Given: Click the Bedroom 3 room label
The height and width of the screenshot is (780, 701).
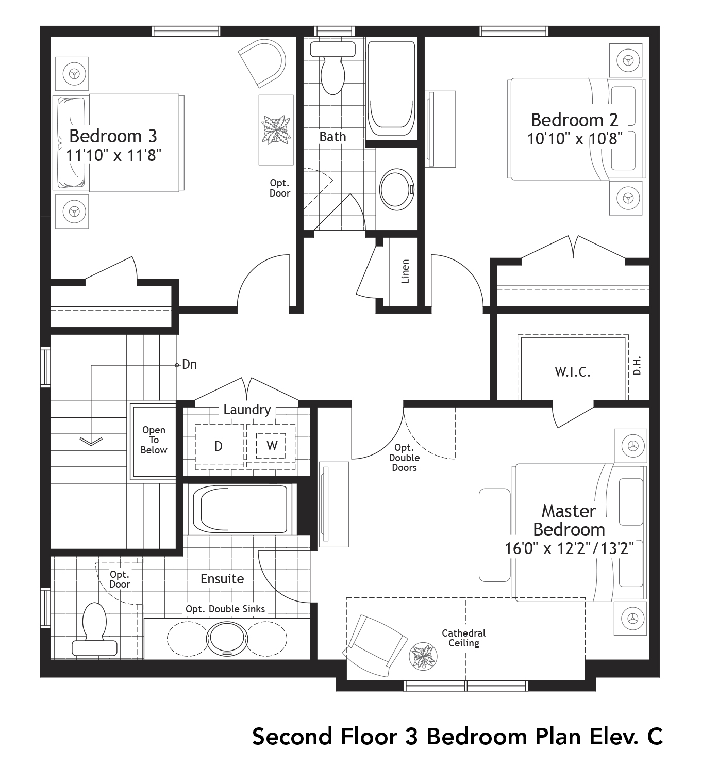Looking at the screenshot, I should pyautogui.click(x=113, y=136).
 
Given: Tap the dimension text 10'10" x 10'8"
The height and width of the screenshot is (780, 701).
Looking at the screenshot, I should pyautogui.click(x=574, y=139).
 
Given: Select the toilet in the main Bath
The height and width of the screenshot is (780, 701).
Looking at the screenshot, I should pyautogui.click(x=332, y=70).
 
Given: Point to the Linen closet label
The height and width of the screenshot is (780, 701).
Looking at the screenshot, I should pyautogui.click(x=405, y=271).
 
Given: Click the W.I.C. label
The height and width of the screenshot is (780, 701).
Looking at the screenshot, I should pyautogui.click(x=572, y=372).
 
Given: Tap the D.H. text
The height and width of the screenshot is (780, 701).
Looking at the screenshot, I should pyautogui.click(x=637, y=365).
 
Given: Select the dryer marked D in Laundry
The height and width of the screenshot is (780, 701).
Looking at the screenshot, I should pyautogui.click(x=219, y=446).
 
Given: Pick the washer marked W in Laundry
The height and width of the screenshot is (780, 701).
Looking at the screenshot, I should pyautogui.click(x=272, y=445).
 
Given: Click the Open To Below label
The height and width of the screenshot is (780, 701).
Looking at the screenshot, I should pyautogui.click(x=154, y=440).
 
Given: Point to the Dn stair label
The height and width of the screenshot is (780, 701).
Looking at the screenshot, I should pyautogui.click(x=189, y=365).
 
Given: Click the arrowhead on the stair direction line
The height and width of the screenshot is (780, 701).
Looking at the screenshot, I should pyautogui.click(x=91, y=441).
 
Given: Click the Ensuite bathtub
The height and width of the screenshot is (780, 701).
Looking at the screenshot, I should pyautogui.click(x=240, y=509).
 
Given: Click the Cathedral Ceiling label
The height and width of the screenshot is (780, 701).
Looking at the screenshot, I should pyautogui.click(x=463, y=638).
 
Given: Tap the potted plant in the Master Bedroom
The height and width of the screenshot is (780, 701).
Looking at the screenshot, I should pyautogui.click(x=423, y=656).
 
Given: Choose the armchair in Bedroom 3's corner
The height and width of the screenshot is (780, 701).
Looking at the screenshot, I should pyautogui.click(x=263, y=63).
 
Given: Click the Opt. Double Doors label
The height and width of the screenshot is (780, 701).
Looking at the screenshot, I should pyautogui.click(x=404, y=458).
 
